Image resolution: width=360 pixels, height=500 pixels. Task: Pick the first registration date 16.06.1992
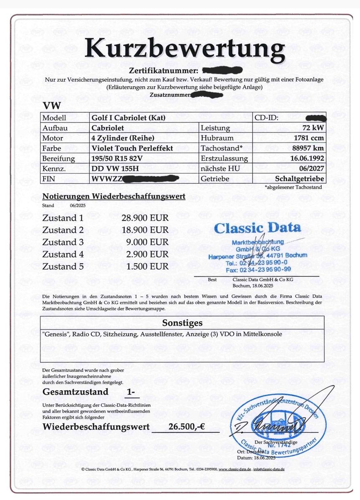point(307,158)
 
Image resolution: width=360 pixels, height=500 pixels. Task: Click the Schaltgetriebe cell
point(300,179)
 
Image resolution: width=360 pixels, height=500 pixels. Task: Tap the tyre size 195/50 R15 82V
point(117,158)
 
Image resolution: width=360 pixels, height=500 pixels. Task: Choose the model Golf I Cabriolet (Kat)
point(128,118)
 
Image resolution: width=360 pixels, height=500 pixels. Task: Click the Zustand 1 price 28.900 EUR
point(145,218)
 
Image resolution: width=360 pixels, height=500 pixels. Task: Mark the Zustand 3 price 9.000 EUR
point(148,242)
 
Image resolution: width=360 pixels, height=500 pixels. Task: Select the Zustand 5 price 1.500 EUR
point(148,266)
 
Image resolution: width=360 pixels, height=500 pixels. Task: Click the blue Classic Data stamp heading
point(257,228)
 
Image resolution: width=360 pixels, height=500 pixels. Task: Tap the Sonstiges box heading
point(182,323)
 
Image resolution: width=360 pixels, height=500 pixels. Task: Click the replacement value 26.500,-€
point(187,427)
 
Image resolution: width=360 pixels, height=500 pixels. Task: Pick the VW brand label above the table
point(51,107)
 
